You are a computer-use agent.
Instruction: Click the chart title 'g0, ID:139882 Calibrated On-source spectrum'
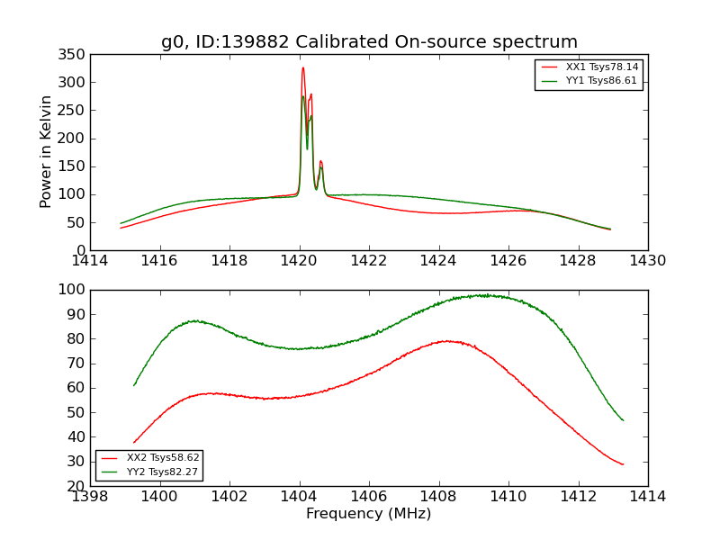pos(369,42)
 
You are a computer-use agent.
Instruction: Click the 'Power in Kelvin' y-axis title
pos(46,152)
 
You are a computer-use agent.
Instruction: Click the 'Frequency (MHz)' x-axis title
pos(368,514)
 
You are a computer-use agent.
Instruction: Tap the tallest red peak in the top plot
pos(302,68)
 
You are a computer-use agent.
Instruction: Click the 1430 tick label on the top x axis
pos(648,261)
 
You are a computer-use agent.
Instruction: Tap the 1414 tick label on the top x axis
pos(90,261)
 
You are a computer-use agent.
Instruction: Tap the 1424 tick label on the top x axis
pos(438,261)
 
